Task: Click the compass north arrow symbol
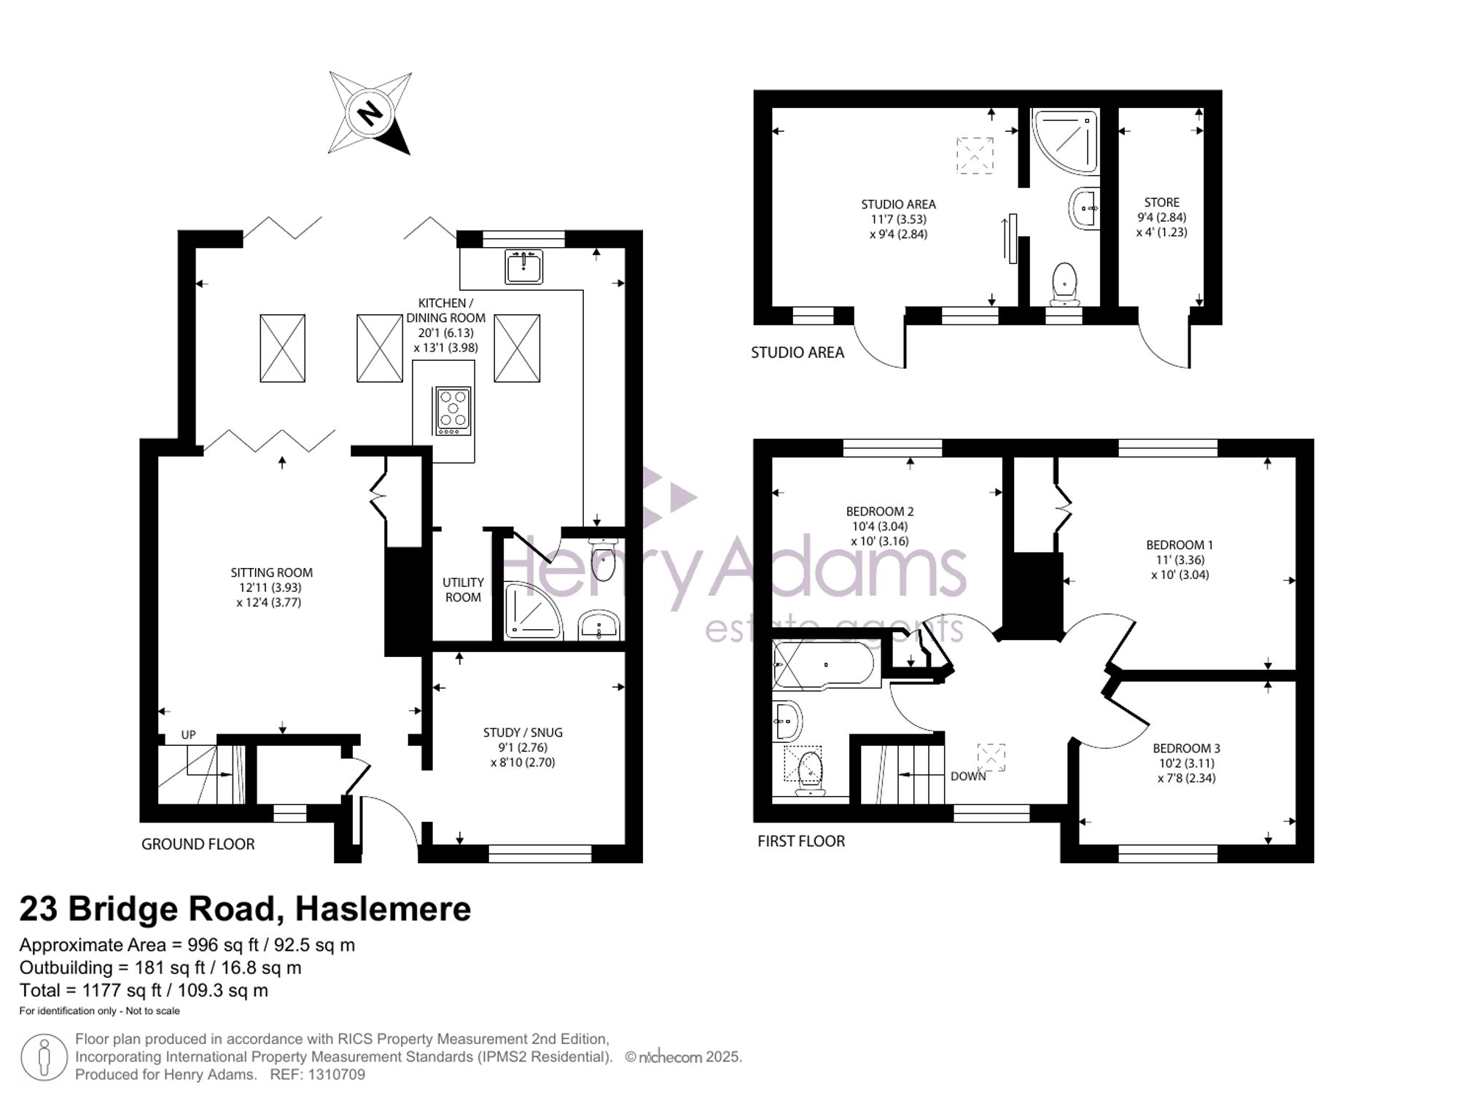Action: [x=370, y=113]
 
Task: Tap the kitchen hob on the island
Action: [x=453, y=411]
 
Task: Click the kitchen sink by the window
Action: [x=523, y=266]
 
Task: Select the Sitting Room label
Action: [x=271, y=573]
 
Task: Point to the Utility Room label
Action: [x=463, y=590]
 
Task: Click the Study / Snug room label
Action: [x=523, y=733]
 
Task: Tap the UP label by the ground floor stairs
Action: [x=189, y=735]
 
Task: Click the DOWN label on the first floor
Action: [x=968, y=777]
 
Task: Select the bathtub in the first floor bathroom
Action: [x=826, y=665]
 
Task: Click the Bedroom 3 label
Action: [x=1186, y=748]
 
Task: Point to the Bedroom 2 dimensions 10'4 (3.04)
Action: [x=884, y=526]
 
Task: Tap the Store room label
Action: [x=1161, y=203]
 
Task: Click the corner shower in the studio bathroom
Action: [x=1065, y=142]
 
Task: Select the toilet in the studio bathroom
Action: [x=1065, y=284]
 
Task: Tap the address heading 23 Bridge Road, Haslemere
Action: [x=245, y=908]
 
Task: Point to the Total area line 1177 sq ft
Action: [x=144, y=990]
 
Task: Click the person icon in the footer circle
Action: [x=44, y=1057]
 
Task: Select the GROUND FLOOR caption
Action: [x=198, y=844]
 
